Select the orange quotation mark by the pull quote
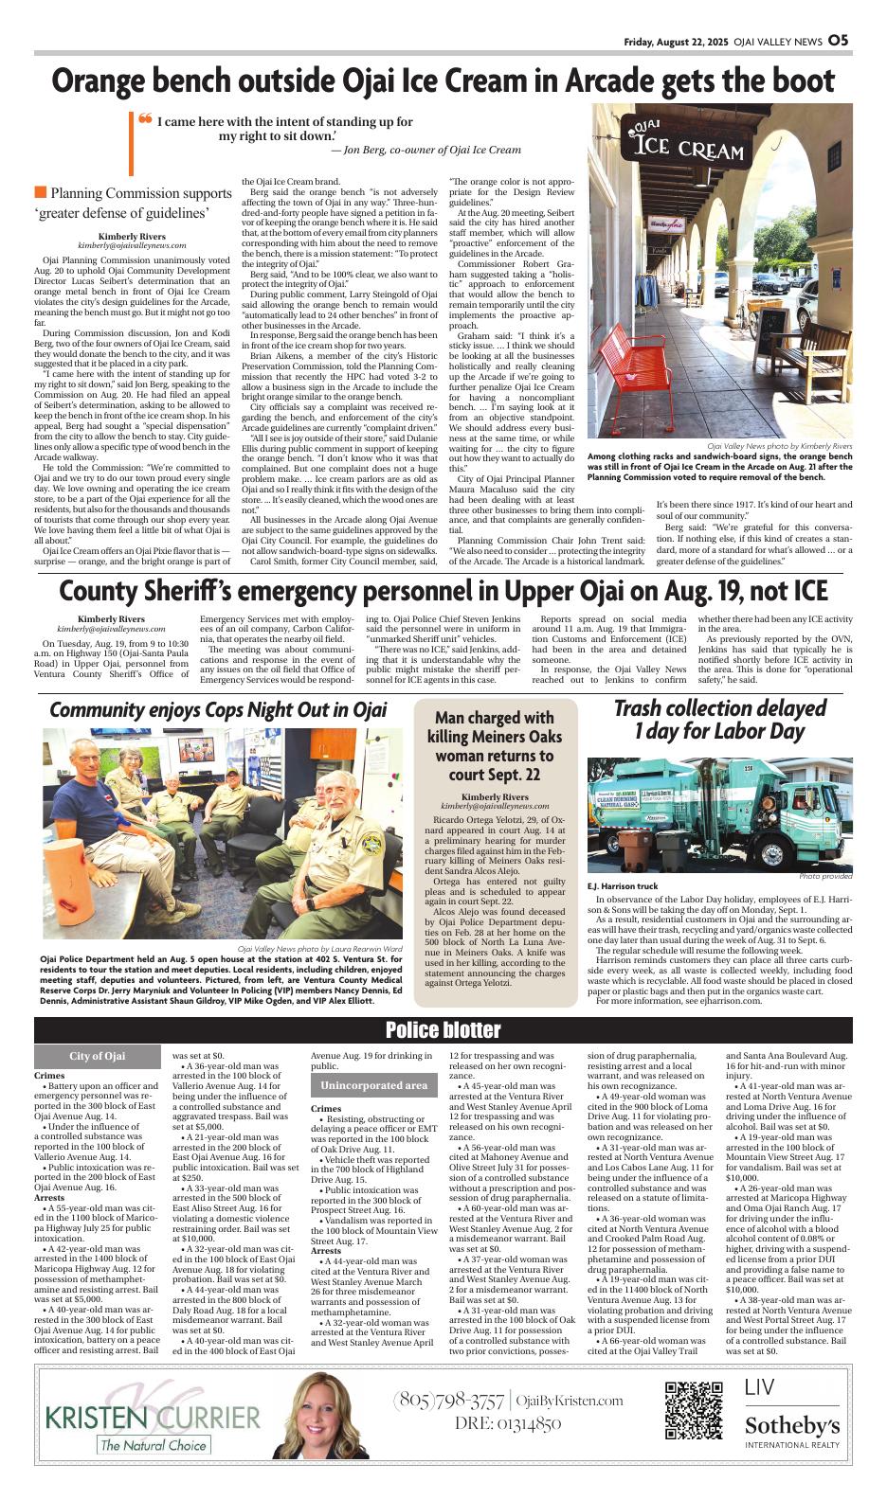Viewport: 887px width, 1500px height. (145, 121)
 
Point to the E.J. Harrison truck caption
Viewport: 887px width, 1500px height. (622, 886)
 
